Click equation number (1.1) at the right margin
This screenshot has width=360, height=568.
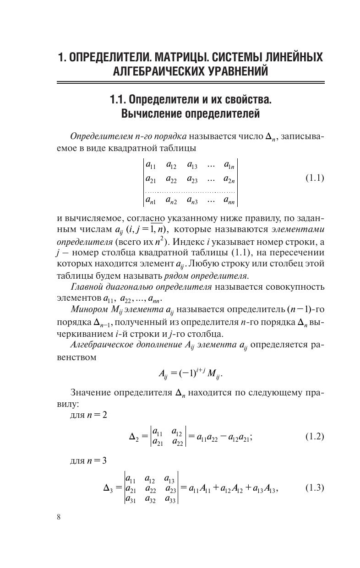tap(315, 178)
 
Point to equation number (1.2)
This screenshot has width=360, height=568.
tap(315, 436)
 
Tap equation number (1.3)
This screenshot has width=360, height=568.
tap(315, 488)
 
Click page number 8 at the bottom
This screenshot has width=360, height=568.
tap(59, 517)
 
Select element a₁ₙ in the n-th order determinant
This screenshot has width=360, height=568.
tap(229, 165)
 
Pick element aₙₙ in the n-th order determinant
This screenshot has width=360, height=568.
tap(229, 200)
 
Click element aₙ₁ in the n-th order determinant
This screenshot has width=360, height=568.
tap(151, 200)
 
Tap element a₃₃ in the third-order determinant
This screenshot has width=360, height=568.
tap(170, 498)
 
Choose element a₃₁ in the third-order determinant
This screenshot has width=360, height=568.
tap(131, 498)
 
